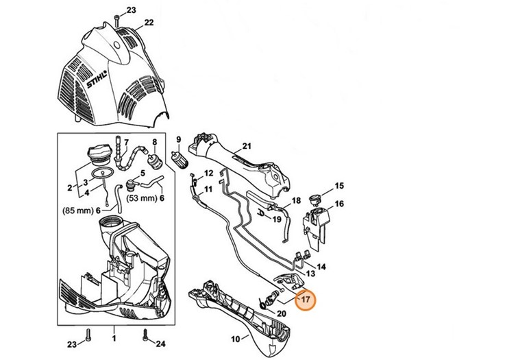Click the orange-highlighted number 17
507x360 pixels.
click(306, 299)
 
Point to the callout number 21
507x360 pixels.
click(247, 145)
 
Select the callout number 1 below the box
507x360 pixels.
click(114, 339)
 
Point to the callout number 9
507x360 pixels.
click(177, 139)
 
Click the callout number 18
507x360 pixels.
click(296, 201)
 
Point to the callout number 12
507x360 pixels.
click(209, 173)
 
